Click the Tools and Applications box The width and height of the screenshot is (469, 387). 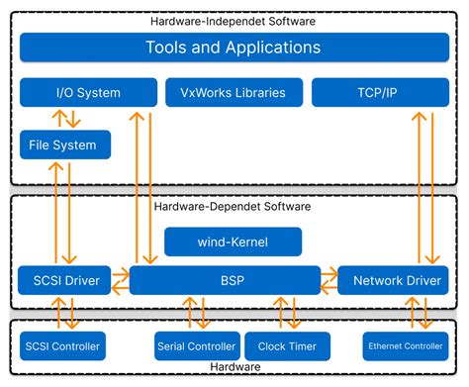pos(233,47)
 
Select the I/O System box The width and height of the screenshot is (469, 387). pos(88,93)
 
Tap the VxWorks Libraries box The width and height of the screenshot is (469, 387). pos(233,93)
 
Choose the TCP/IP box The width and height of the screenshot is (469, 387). pos(381,93)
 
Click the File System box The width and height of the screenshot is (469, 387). pos(64,145)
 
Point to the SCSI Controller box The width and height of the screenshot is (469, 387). pos(63,345)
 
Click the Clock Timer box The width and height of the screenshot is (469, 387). pos(288,345)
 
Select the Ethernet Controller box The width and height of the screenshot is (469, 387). pos(406,345)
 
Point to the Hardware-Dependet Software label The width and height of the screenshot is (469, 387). pos(233,207)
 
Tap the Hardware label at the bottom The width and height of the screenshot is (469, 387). pos(234,367)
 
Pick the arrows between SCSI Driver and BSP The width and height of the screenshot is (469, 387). pos(120,280)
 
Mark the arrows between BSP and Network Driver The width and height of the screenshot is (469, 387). pos(328,280)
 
